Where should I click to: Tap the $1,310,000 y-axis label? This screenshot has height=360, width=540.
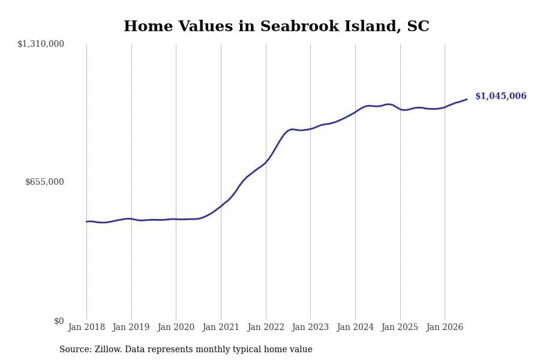(41, 44)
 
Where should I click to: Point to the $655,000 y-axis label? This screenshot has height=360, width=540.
(44, 182)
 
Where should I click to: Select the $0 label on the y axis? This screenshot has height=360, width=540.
(59, 321)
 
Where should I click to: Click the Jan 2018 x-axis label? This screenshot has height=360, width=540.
(86, 327)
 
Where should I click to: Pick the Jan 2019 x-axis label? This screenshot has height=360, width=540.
(131, 327)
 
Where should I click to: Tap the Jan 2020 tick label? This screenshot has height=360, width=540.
(176, 327)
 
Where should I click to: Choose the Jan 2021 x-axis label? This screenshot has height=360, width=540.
(220, 327)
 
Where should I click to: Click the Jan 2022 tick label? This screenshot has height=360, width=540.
(266, 327)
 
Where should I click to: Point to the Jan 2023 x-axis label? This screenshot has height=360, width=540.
(310, 327)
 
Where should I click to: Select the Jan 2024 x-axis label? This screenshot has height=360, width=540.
(355, 327)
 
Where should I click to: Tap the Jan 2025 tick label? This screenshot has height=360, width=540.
(400, 327)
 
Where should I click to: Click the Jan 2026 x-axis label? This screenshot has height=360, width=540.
(445, 327)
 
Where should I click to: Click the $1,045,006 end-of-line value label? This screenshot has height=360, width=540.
(501, 96)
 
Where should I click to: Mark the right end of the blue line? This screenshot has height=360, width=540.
(467, 99)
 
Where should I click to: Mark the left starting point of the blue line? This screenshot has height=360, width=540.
(86, 221)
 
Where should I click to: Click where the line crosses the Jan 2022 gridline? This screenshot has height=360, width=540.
(266, 162)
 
